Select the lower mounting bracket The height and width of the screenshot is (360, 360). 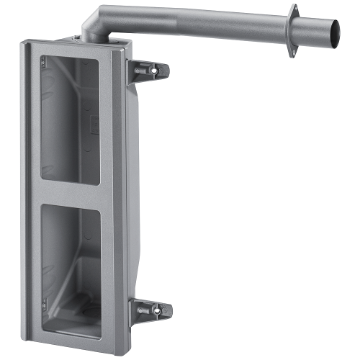(152, 310)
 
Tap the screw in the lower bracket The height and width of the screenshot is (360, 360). (156, 311)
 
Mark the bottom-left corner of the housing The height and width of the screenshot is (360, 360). (32, 338)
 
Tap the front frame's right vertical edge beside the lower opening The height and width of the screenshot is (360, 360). (107, 274)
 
